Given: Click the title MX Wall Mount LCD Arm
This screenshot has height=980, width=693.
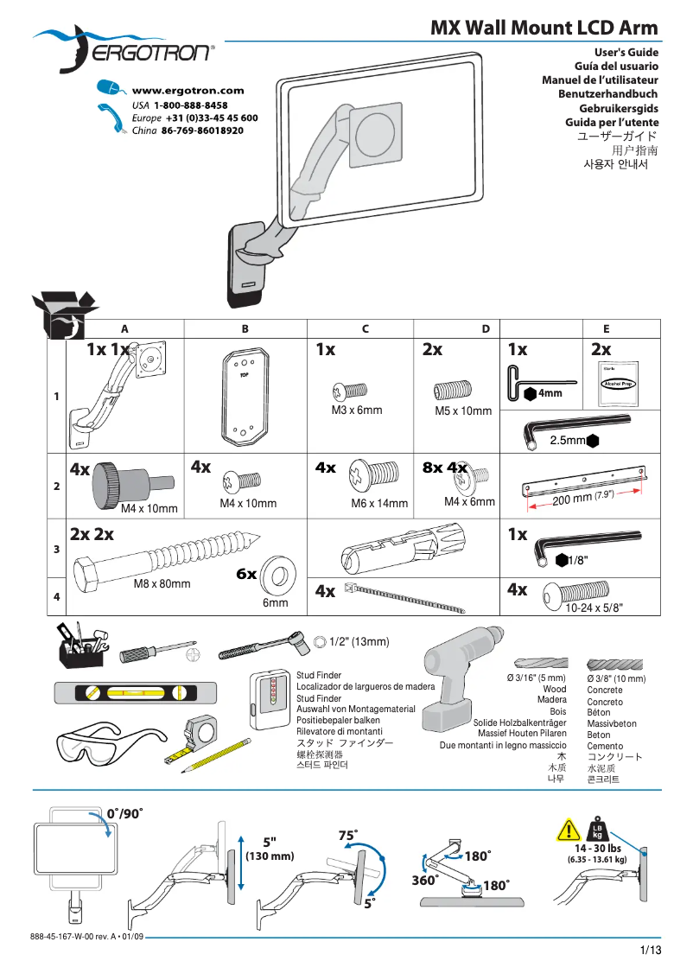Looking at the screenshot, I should [x=544, y=28].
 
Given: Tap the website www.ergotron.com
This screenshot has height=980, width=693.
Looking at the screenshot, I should [x=188, y=91].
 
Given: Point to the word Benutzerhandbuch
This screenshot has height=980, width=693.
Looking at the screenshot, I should [x=607, y=94].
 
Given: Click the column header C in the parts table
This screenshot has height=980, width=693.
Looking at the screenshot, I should [x=366, y=329].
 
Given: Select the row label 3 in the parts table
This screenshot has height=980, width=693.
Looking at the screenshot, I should [x=56, y=549].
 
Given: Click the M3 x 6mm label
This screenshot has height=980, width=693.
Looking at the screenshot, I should [x=356, y=410].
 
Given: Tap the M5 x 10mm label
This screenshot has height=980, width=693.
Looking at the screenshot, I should [x=463, y=411].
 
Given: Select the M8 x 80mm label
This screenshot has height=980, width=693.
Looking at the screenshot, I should [x=162, y=584].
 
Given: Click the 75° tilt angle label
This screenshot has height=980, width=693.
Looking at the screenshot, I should [x=348, y=836].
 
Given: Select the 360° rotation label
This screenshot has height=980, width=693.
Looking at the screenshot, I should [x=423, y=880].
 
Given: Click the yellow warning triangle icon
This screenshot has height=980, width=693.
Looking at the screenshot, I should [x=568, y=831].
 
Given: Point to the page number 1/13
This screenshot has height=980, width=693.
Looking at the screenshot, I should [x=650, y=951].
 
